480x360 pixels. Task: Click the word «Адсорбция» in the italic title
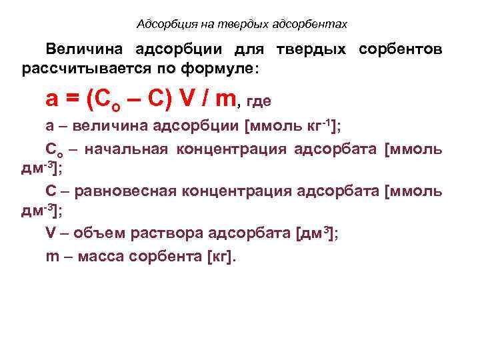coord(161,24)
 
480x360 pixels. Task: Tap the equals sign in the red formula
coord(73,99)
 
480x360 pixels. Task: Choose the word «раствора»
coord(163,235)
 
